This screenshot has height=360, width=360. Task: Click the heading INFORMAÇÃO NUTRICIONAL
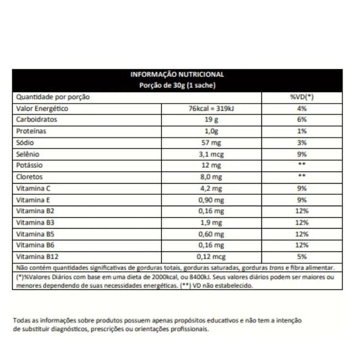(x=177, y=75)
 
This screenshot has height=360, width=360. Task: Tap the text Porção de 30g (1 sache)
(x=177, y=86)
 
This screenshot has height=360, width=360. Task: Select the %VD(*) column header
(x=302, y=97)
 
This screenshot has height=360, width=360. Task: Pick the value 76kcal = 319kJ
(x=211, y=109)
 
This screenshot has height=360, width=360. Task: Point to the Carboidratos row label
(x=37, y=119)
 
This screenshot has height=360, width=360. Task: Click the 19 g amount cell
(x=211, y=119)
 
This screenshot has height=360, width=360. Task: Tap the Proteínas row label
(x=32, y=131)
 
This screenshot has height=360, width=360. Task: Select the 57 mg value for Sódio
(x=211, y=142)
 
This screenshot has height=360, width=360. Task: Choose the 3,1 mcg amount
(x=211, y=154)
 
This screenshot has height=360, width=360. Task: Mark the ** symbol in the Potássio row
(x=302, y=165)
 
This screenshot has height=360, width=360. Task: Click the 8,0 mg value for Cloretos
(x=211, y=177)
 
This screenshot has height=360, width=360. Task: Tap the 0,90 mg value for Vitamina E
(x=211, y=200)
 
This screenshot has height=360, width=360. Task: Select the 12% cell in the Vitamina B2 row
(x=302, y=211)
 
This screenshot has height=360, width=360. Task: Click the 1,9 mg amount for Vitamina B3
(x=211, y=223)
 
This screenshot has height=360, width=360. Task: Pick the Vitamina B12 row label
(x=36, y=256)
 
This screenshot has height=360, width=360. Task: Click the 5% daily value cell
(x=302, y=256)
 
